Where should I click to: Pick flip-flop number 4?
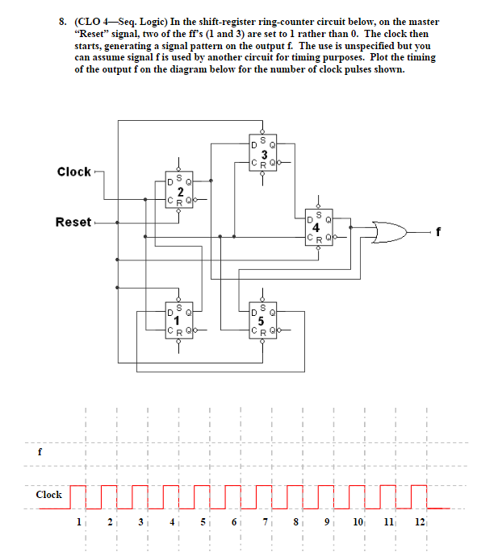click(x=317, y=227)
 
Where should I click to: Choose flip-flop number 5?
click(x=263, y=321)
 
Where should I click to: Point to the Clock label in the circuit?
click(x=73, y=172)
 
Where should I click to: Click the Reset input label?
click(x=73, y=222)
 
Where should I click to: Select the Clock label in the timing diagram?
click(x=48, y=494)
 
